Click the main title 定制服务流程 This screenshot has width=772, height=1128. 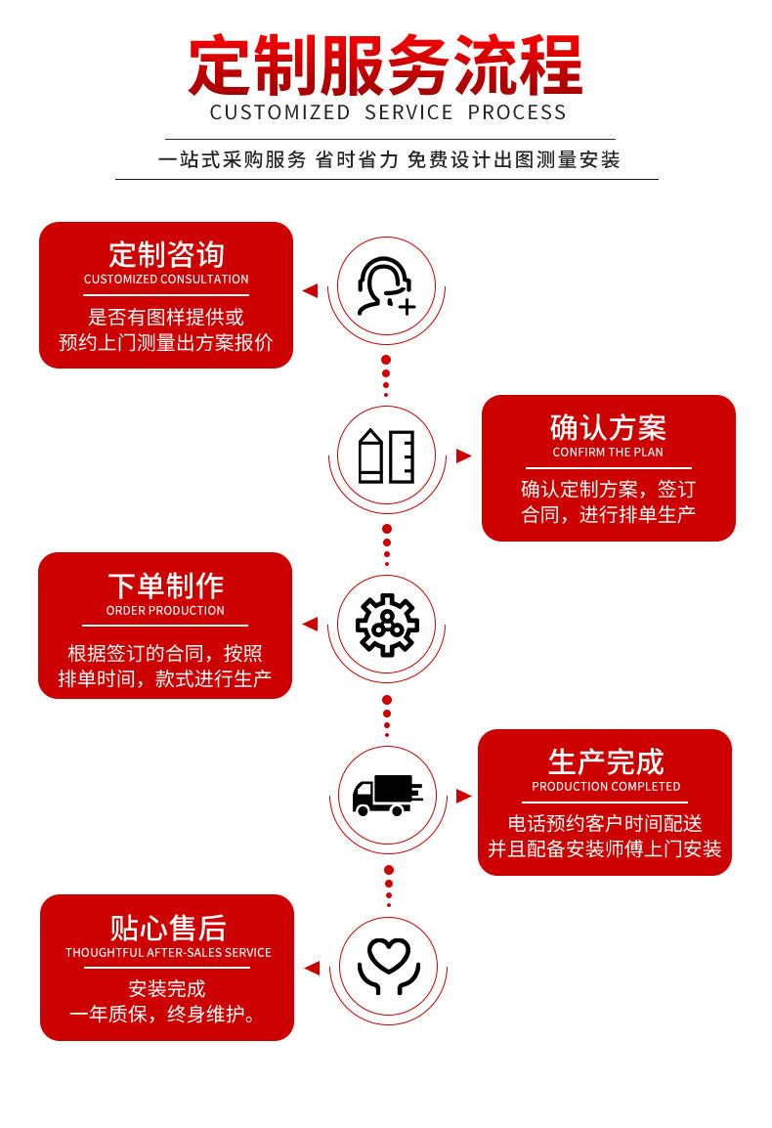pos(386,66)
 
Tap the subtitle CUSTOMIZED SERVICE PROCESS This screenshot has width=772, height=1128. pos(388,112)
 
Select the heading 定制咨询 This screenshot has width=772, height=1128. pos(166,254)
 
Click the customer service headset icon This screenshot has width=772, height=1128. pos(386,286)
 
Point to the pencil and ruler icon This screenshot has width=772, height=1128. pos(386,456)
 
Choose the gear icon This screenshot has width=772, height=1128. pos(387,624)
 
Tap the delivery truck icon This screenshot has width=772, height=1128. pos(387,795)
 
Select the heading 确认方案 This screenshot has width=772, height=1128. pos(608,427)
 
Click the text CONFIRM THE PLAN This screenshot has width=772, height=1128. pos(608,453)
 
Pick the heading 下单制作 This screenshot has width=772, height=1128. pos(165,586)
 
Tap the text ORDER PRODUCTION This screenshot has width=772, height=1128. pos(165,611)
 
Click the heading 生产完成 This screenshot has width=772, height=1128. pos(606,761)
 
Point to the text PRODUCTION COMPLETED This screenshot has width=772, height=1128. pos(606,787)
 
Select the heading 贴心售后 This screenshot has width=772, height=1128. pos(167,928)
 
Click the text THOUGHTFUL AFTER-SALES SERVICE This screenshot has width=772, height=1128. pos(168,953)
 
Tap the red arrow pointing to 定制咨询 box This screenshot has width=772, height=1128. pos(310,290)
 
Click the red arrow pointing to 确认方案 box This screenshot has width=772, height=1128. pos(463,456)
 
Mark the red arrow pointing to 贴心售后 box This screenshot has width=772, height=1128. pos(312,968)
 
